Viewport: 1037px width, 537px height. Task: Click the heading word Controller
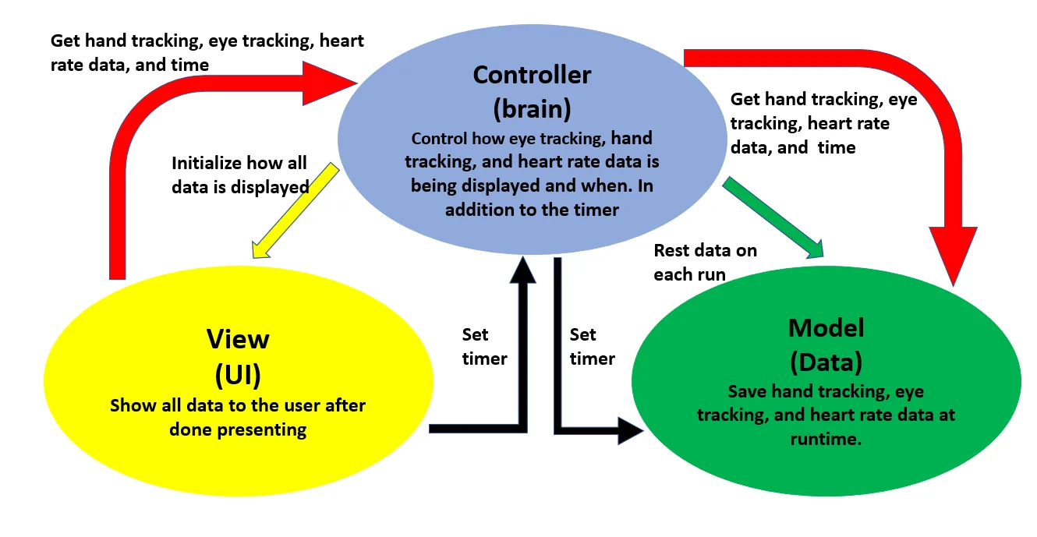[532, 75]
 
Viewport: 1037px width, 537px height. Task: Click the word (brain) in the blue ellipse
[532, 109]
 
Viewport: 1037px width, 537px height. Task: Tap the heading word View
[238, 339]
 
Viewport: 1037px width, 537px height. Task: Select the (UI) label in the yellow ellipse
[238, 375]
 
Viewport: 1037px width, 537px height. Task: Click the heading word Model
[826, 328]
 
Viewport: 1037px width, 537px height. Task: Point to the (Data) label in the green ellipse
[826, 362]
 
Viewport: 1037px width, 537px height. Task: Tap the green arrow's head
[814, 249]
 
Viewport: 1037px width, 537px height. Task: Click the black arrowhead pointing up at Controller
[522, 270]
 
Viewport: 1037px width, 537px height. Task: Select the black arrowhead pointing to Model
[631, 430]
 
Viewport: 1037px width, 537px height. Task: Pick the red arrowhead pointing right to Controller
[330, 83]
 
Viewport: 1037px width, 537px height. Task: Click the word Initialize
[207, 164]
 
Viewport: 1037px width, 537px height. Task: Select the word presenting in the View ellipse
[261, 430]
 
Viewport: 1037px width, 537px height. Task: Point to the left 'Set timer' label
[484, 346]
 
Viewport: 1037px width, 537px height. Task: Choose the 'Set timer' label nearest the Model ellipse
[592, 346]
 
